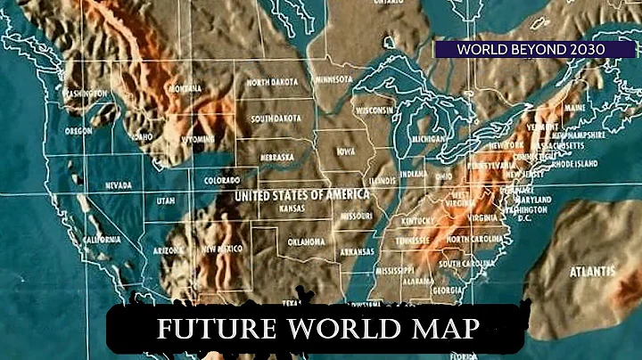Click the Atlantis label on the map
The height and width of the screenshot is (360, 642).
point(591,270)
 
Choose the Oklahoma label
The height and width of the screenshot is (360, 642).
point(306,241)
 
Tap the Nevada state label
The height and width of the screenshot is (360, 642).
point(119,187)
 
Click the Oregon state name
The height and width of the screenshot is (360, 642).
point(79,131)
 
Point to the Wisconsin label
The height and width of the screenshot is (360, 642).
point(374,110)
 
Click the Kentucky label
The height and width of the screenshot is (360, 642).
point(417,220)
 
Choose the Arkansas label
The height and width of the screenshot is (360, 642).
point(356,252)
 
